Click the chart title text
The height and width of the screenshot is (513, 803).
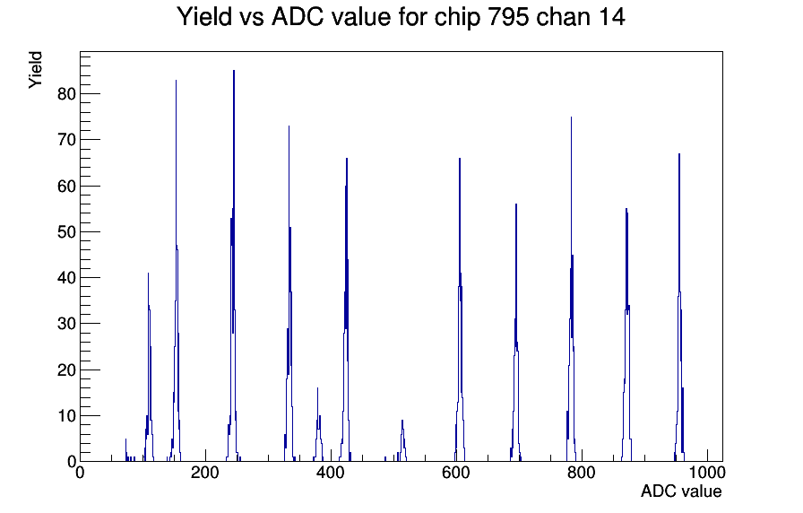point(401,17)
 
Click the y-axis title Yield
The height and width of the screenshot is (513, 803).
point(35,70)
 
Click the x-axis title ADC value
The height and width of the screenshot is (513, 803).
point(681,491)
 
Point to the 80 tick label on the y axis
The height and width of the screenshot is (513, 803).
point(66,94)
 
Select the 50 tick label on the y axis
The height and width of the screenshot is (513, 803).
point(66,231)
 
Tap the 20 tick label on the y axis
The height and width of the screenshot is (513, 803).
point(66,370)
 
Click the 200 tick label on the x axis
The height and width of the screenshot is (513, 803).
point(205,472)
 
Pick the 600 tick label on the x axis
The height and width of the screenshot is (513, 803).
point(456,472)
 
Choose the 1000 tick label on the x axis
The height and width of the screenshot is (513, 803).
point(707,472)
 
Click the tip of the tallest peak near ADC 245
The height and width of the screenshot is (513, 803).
point(234,71)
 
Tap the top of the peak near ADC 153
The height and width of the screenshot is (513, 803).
point(176,81)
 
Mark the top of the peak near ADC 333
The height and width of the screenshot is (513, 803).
point(289,126)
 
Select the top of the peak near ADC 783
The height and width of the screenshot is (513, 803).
point(571,117)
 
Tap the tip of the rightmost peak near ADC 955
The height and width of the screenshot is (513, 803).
point(679,153)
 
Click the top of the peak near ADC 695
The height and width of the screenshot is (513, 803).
point(516,204)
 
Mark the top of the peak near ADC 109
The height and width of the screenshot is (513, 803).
point(148,274)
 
